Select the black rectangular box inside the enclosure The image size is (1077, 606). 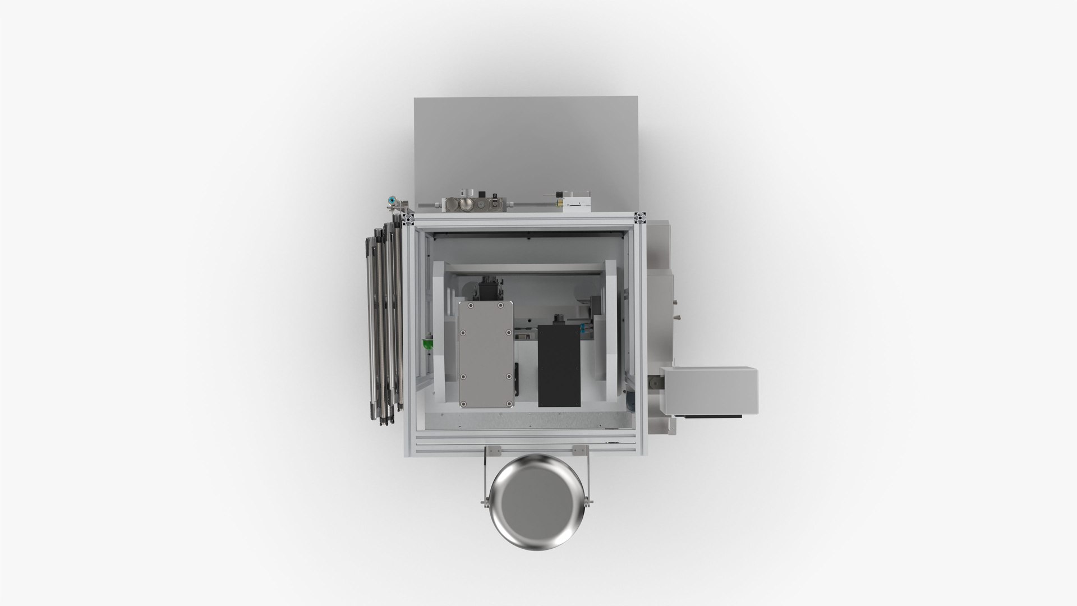559,365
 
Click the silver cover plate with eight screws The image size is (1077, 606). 486,353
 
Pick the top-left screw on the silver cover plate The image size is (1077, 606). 463,305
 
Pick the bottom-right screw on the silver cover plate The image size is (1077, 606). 508,402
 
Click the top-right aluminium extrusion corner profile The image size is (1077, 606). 641,217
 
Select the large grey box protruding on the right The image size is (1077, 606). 709,391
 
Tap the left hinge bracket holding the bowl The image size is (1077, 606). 494,451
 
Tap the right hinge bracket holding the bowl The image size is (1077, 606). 580,451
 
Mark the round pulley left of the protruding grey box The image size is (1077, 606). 655,383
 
